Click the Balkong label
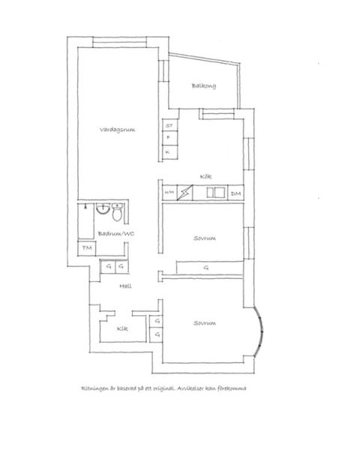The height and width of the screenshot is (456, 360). click(203, 85)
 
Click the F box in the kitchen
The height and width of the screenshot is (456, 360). click(169, 138)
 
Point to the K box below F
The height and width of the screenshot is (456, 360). click(169, 151)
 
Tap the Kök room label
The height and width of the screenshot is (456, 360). click(205, 177)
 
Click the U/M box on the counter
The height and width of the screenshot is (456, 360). click(169, 194)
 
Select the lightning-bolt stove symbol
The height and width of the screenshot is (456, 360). click(185, 193)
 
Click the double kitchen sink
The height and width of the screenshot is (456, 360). click(214, 193)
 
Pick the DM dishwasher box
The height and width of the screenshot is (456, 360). click(236, 194)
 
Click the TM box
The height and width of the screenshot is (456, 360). click(86, 248)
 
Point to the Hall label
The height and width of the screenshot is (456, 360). click(126, 286)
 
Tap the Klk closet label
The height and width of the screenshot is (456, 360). click(121, 328)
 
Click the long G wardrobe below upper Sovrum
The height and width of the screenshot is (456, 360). click(206, 268)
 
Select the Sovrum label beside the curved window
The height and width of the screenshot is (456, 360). click(204, 323)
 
